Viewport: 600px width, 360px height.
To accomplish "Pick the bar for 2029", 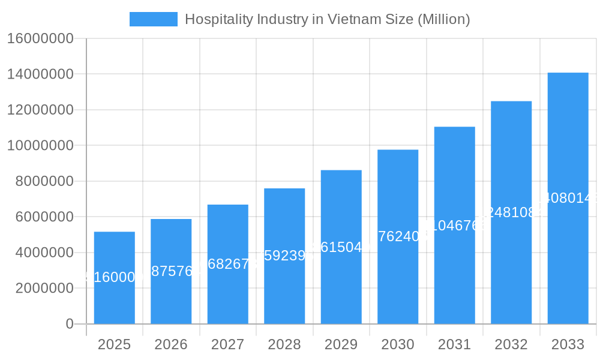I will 341,288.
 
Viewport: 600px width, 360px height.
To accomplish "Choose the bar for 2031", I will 454,276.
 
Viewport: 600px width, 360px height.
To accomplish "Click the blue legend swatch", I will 154,19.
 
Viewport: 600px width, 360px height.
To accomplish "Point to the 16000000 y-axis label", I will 40,38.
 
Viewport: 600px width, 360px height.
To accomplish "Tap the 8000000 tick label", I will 44,181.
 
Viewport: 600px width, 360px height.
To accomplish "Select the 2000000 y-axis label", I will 44,288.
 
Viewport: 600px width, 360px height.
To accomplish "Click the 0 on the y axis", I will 70,324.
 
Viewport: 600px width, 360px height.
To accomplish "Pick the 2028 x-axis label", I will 284,344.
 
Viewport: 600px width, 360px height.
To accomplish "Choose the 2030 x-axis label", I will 398,344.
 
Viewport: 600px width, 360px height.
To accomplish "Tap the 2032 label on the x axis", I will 511,344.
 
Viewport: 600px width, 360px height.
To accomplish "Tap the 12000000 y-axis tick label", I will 40,110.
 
